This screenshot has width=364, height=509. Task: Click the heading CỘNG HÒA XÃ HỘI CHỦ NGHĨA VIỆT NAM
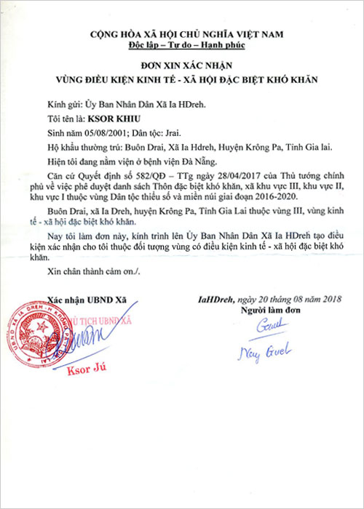click(183, 34)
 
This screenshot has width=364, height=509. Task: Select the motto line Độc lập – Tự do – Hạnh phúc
click(182, 44)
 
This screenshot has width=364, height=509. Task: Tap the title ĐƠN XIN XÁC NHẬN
click(182, 64)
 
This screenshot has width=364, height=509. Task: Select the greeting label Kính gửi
click(59, 102)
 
